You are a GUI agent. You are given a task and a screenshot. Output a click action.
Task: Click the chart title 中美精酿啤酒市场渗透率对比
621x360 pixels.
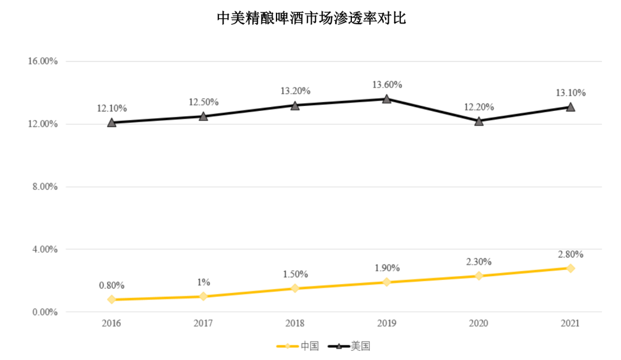point(311,18)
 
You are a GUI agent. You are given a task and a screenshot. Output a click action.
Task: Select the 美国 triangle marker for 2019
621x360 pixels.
point(387,99)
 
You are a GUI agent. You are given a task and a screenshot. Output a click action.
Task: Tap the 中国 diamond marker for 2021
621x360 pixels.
point(570,268)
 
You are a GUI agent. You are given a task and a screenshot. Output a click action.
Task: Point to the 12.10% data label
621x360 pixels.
point(112,108)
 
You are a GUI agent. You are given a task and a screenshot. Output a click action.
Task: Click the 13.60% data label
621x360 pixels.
point(387,85)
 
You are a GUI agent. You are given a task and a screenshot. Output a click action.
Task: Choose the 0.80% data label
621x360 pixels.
point(112,285)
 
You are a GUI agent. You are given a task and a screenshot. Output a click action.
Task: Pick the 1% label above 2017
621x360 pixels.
point(204,282)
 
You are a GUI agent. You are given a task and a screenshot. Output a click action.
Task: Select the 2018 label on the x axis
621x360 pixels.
point(295,324)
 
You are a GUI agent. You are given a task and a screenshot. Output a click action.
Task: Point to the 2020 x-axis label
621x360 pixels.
point(478,324)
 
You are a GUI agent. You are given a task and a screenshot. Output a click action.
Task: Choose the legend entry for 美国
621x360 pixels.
point(348,346)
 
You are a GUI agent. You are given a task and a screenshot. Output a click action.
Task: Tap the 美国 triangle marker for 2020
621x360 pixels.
point(479,121)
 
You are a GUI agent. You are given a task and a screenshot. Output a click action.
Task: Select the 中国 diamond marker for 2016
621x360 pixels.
point(112,300)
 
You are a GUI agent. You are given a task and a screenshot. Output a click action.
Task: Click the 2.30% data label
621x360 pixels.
point(479,262)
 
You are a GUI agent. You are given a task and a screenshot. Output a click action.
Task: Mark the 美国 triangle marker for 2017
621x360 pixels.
point(204,116)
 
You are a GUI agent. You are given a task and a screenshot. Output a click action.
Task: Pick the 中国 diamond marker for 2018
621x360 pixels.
point(295,288)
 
